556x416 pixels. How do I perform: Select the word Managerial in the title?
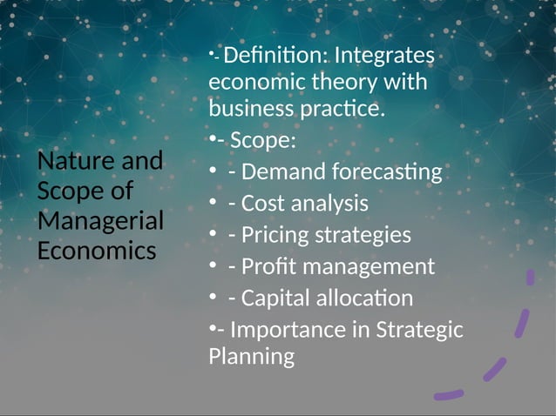click(100, 220)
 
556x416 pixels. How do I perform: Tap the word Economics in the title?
click(97, 251)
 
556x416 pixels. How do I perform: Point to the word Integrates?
click(384, 56)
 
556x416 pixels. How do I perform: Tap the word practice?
click(342, 111)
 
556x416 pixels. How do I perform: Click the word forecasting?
click(390, 172)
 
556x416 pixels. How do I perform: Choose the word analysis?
click(328, 204)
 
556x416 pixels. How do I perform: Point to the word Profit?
click(268, 266)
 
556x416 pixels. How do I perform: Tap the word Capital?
click(278, 299)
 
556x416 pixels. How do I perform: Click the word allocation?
click(367, 299)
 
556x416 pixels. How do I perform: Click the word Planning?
click(252, 356)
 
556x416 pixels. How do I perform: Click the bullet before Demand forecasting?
click(214, 172)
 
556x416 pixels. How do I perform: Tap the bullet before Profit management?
click(214, 266)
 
